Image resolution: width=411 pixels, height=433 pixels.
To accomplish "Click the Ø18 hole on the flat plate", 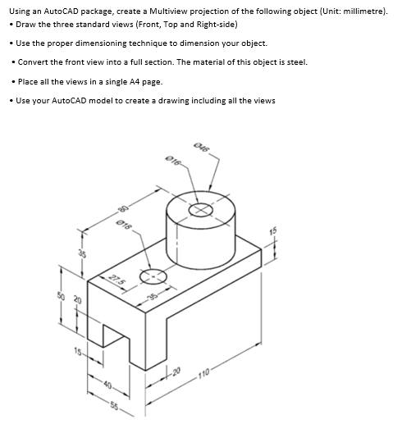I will point(154,277).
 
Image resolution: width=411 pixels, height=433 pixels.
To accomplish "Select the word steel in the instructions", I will point(316,62).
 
